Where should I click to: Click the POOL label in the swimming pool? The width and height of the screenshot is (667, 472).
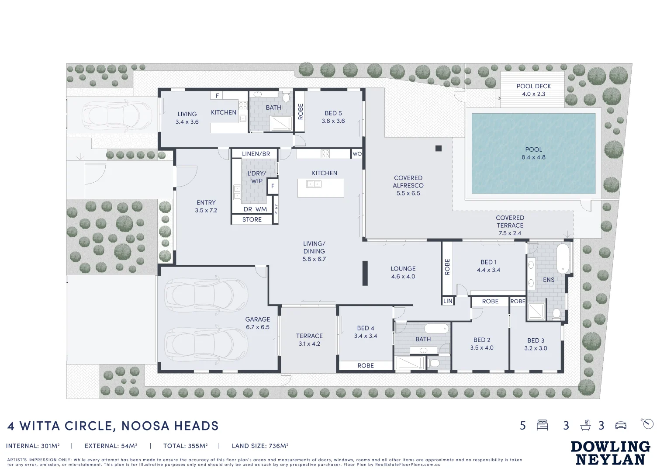click(x=533, y=149)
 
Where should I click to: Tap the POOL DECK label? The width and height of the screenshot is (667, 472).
click(x=533, y=87)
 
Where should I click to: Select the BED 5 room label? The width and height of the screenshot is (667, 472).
click(x=333, y=113)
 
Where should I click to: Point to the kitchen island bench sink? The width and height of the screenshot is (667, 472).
click(x=314, y=184)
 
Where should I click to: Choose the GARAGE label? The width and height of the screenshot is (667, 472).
click(x=257, y=319)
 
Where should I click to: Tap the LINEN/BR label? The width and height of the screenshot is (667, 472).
click(x=256, y=154)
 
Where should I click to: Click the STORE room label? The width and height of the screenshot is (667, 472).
click(x=252, y=219)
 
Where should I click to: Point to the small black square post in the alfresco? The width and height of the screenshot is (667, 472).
click(x=439, y=148)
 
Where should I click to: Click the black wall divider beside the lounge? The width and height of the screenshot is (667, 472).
click(x=365, y=273)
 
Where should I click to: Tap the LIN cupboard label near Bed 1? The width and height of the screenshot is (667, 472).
click(x=448, y=301)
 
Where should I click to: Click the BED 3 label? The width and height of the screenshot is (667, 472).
click(x=536, y=340)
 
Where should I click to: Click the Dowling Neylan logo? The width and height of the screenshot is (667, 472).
click(x=610, y=453)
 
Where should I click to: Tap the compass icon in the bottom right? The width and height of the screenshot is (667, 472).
click(x=648, y=423)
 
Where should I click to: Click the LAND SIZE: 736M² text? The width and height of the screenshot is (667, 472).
click(x=260, y=446)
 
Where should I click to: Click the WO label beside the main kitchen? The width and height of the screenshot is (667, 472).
click(x=357, y=154)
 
